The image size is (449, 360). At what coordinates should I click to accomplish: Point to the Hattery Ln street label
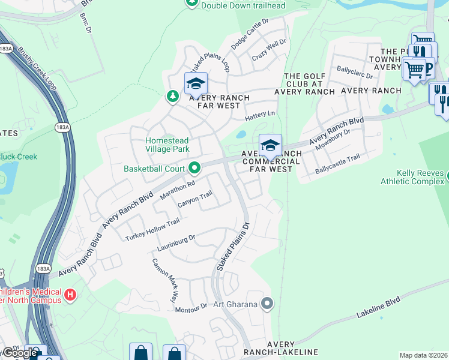tap(259, 113)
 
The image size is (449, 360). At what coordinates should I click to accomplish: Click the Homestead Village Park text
tap(167, 145)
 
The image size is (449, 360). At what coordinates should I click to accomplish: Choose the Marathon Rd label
tap(178, 191)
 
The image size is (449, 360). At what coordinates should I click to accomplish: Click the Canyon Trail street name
tap(195, 200)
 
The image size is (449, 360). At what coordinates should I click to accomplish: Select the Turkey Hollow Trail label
tap(152, 230)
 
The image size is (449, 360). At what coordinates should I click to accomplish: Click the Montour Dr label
tap(191, 308)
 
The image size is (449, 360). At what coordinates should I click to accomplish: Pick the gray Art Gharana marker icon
tap(267, 304)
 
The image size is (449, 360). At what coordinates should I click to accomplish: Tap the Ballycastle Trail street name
tap(337, 166)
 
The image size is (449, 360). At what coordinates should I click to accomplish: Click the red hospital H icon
tap(70, 295)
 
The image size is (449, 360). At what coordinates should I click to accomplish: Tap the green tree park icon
tap(172, 97)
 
